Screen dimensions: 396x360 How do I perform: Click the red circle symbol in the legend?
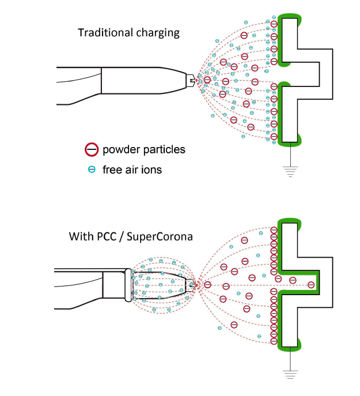90,150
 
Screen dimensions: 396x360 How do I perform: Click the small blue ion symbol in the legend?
90,169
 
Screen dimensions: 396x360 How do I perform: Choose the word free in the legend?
112,169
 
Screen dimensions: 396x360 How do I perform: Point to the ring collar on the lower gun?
128,284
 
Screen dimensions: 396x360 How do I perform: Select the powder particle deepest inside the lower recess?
311,284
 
